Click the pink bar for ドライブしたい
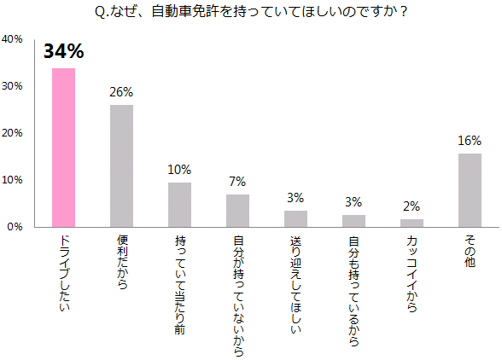click(x=63, y=148)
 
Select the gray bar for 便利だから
click(x=121, y=165)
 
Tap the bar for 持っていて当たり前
click(x=179, y=205)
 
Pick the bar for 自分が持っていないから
click(x=237, y=211)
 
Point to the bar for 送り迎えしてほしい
click(x=295, y=219)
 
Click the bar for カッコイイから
click(x=412, y=224)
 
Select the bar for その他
click(x=470, y=190)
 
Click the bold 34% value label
click(x=64, y=54)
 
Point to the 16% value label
click(x=470, y=141)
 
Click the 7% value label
click(x=237, y=181)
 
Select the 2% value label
click(x=412, y=206)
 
